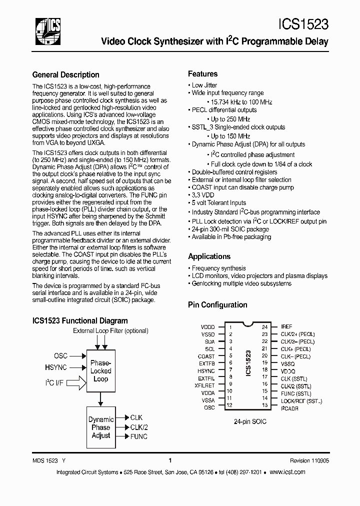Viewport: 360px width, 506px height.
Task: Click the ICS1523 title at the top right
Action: [x=303, y=24]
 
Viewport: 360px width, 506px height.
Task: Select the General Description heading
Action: [x=65, y=75]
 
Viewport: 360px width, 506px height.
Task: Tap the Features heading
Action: [x=202, y=73]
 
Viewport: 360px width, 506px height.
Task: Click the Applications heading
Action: [x=209, y=256]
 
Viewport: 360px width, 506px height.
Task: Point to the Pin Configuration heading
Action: [x=217, y=304]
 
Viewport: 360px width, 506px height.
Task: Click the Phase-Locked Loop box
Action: [x=100, y=371]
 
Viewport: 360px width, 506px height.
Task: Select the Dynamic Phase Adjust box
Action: [x=100, y=428]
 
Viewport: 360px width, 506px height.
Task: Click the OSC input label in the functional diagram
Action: [x=60, y=356]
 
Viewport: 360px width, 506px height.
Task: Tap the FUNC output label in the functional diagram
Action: [x=138, y=436]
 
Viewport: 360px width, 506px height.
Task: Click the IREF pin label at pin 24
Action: [x=286, y=326]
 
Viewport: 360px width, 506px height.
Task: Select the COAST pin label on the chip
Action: [x=206, y=356]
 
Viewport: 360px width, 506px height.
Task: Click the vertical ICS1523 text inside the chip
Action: [x=248, y=367]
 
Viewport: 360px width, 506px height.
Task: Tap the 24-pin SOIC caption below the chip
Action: [x=250, y=421]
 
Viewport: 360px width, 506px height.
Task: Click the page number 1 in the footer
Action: [x=170, y=461]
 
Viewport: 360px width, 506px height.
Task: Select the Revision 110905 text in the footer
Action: [x=309, y=461]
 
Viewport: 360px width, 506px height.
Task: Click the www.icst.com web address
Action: [x=287, y=472]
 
